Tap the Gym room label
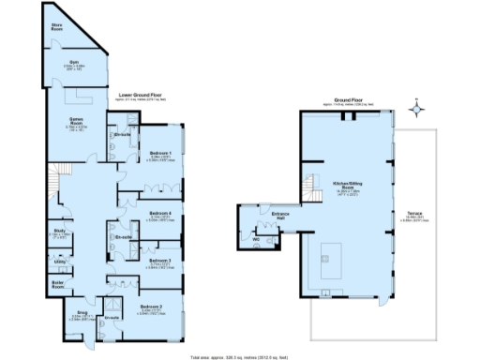[72, 62]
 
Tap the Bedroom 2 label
[151, 307]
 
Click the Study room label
[59, 231]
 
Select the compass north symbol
[417, 109]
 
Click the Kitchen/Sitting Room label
[347, 185]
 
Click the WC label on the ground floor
[256, 238]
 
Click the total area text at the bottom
[240, 355]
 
